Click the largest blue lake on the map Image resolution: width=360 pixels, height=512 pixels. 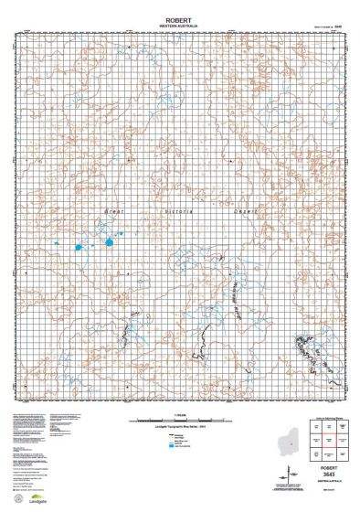pos(108,243)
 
